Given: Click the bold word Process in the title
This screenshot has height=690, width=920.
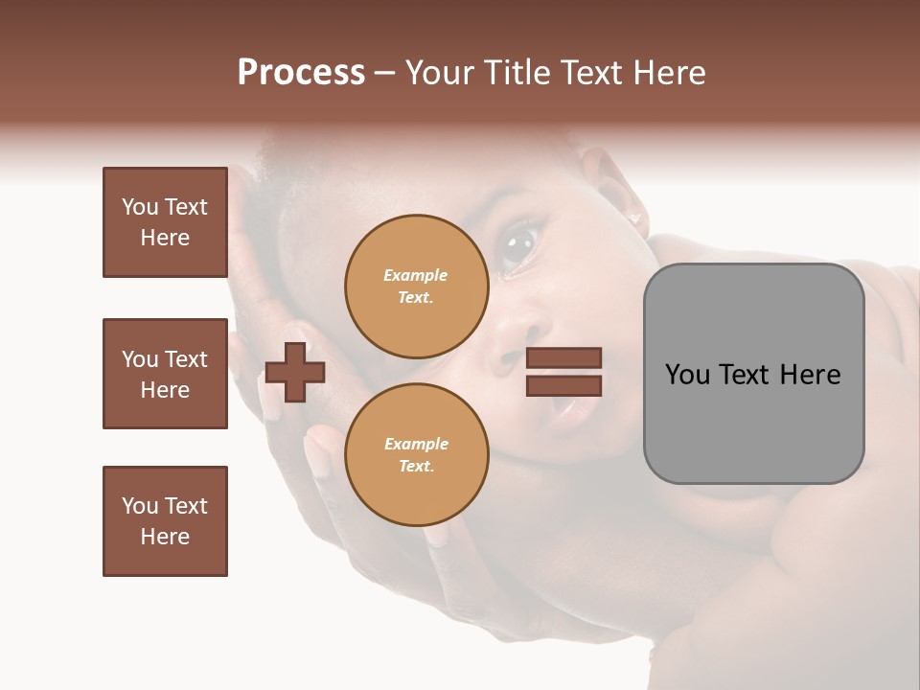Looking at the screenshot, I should [x=301, y=73].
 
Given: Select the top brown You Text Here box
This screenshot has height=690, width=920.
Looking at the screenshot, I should [x=165, y=222].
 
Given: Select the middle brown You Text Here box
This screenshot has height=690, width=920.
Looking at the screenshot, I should [x=165, y=374].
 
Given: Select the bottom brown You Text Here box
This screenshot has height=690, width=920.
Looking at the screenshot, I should [x=165, y=521].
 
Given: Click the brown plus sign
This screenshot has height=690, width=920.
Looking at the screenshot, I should [x=295, y=372].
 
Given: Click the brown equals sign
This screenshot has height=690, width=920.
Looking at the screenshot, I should [x=563, y=372].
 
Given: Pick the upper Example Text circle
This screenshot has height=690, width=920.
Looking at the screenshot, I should [x=416, y=286].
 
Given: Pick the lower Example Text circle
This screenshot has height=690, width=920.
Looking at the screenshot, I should [x=416, y=454].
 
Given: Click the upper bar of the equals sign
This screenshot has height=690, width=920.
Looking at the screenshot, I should [x=563, y=357].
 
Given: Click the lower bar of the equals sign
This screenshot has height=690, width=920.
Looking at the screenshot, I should [x=563, y=385].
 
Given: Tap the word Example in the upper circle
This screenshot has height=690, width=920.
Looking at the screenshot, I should [x=416, y=275].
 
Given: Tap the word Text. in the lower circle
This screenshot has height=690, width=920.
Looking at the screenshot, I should [x=416, y=466].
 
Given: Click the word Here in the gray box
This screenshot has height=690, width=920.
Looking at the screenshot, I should [x=810, y=375].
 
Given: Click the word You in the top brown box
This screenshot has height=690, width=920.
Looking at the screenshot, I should [x=140, y=207].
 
